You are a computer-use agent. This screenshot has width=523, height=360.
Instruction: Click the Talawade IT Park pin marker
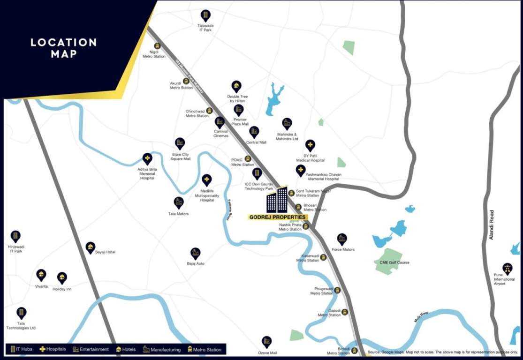tap(205, 15)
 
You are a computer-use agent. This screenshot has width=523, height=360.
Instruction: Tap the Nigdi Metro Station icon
tap(158, 46)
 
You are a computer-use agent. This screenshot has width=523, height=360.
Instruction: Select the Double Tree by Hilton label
tap(237, 99)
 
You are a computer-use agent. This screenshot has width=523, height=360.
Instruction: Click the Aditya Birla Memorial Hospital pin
tap(147, 158)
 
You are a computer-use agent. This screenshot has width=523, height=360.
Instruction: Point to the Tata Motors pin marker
tap(178, 202)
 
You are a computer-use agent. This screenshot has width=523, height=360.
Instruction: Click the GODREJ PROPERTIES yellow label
tap(278, 217)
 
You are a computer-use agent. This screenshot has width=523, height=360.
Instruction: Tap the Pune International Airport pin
tap(507, 268)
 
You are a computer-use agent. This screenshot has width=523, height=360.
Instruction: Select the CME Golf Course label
tap(394, 262)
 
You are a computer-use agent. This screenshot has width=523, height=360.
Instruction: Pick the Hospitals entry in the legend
tap(53, 349)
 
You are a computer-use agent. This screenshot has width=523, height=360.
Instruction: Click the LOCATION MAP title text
tap(63, 48)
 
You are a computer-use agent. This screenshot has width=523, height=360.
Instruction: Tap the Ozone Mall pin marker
tap(267, 341)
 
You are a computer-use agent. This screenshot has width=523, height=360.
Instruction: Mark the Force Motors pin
tap(342, 239)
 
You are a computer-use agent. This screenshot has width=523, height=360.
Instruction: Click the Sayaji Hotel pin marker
tap(91, 247)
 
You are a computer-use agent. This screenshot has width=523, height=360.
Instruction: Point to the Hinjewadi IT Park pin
tap(15, 236)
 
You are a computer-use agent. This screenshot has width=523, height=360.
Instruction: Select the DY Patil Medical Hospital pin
tap(310, 145)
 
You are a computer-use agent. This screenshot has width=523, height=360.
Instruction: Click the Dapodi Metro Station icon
tap(345, 312)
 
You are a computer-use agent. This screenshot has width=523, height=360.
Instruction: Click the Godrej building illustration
tap(277, 200)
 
